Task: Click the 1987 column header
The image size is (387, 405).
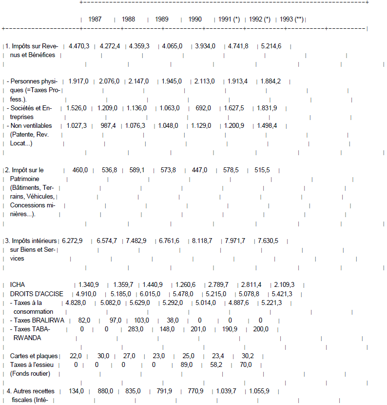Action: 95,20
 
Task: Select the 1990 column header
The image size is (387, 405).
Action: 195,20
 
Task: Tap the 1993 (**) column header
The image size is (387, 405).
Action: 291,20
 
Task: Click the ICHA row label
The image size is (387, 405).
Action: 17,285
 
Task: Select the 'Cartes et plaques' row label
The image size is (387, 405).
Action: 34,356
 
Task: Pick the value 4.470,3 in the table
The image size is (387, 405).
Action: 79,46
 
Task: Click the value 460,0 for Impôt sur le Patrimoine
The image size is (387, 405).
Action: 80,170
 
